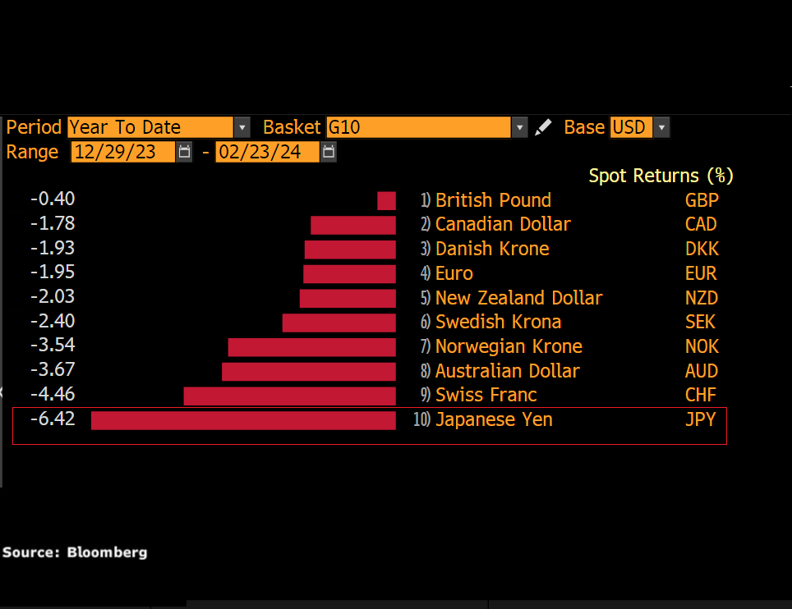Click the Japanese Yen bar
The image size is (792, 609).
point(243,420)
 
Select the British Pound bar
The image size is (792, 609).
point(386,200)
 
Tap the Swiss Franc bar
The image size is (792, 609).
point(289,396)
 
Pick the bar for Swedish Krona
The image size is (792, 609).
point(338,323)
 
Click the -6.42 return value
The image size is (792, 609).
point(53,419)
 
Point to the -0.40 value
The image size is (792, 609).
point(53,199)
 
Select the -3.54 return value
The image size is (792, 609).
point(53,346)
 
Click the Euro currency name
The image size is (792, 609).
point(454,273)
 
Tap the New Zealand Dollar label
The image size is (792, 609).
point(518,298)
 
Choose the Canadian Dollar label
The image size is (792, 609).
point(503,224)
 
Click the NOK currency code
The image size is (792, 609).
point(701,346)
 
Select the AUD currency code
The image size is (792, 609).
point(701,371)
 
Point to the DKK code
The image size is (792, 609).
point(701,249)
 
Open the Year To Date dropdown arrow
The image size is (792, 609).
point(242,127)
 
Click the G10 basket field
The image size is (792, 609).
point(418,127)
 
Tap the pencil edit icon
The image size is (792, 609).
point(543,127)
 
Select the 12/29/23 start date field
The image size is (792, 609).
point(123,152)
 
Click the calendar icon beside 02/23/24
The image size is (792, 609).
point(329,152)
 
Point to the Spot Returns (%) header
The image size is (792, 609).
point(661,176)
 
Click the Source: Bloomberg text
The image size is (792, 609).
point(75,552)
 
